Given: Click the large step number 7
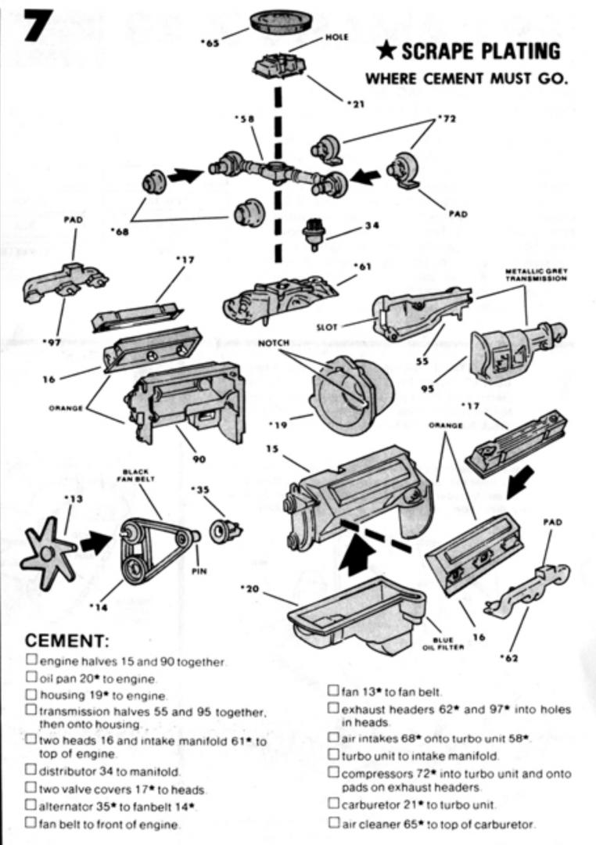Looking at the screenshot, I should click(29, 23).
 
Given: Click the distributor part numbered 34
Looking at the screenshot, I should click(314, 234).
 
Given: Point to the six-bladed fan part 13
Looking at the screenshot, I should click(47, 552).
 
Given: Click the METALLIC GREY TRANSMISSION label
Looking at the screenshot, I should click(537, 275).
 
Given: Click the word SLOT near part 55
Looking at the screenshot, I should click(326, 327).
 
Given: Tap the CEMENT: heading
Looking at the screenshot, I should click(66, 642).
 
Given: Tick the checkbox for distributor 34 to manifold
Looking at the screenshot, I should click(31, 770).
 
